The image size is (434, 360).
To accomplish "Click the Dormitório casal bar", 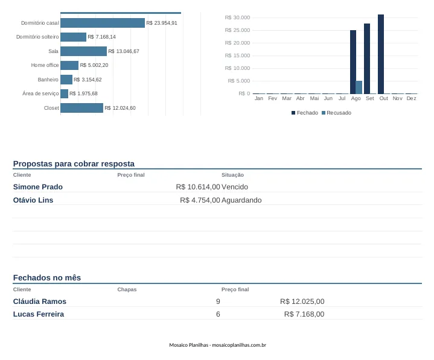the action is pyautogui.click(x=103, y=23).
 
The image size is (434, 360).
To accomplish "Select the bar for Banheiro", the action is pyautogui.click(x=66, y=80).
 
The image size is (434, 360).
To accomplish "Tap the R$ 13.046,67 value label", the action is pyautogui.click(x=124, y=51).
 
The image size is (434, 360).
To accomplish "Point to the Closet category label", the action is pyautogui.click(x=51, y=108).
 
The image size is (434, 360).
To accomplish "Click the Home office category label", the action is pyautogui.click(x=45, y=65).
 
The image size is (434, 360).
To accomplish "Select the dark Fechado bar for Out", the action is pyautogui.click(x=381, y=54).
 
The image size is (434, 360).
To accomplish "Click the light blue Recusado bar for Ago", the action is pyautogui.click(x=359, y=87).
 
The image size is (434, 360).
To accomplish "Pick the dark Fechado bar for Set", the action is pyautogui.click(x=367, y=58).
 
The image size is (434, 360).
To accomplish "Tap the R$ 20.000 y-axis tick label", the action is pyautogui.click(x=237, y=43).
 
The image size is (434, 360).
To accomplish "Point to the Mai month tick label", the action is pyautogui.click(x=314, y=98).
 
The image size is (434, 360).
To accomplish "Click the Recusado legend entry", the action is pyautogui.click(x=336, y=113).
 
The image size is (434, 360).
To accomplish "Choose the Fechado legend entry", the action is pyautogui.click(x=305, y=113).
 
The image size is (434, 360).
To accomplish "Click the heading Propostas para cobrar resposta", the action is pyautogui.click(x=74, y=163).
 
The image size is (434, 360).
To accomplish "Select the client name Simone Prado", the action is pyautogui.click(x=38, y=187).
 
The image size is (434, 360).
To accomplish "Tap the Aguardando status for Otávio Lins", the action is pyautogui.click(x=241, y=200).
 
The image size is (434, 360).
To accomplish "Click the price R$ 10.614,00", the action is pyautogui.click(x=198, y=187).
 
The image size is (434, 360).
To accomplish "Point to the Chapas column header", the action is pyautogui.click(x=127, y=289).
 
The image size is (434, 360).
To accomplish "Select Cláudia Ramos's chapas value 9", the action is pyautogui.click(x=218, y=302).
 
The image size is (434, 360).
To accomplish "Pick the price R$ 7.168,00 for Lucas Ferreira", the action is pyautogui.click(x=304, y=314).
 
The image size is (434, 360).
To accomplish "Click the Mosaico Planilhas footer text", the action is pyautogui.click(x=217, y=345).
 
